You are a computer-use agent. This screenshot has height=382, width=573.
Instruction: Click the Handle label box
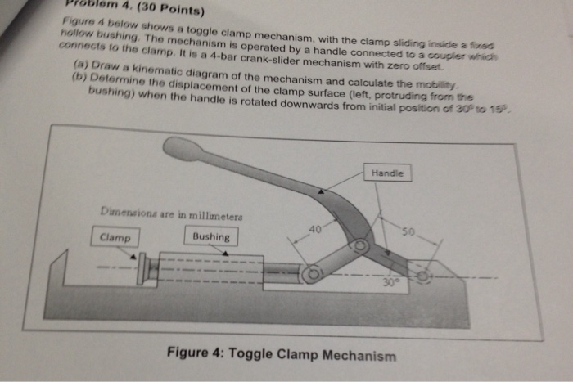pyautogui.click(x=387, y=173)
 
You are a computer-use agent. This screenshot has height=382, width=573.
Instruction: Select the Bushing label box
pyautogui.click(x=210, y=237)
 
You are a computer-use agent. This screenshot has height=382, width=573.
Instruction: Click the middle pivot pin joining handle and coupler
pyautogui.click(x=359, y=245)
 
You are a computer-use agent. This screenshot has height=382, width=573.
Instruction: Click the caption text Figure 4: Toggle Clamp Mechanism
pyautogui.click(x=281, y=356)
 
